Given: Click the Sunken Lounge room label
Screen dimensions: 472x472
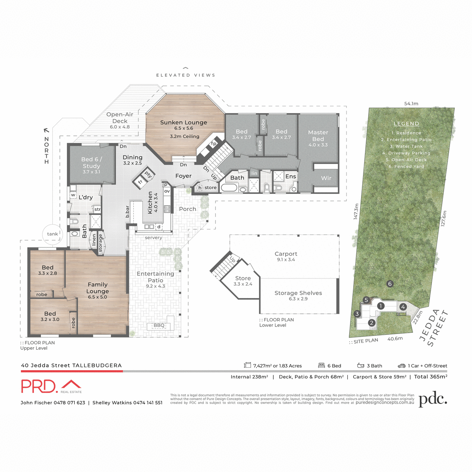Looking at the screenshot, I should pos(183,122).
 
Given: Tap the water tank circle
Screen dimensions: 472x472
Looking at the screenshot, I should pos(52,234).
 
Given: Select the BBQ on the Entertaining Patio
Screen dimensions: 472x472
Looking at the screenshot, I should pos(159,326).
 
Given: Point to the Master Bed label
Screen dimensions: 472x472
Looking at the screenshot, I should pos(318,136).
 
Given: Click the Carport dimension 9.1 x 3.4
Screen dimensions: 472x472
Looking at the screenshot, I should pos(286,260).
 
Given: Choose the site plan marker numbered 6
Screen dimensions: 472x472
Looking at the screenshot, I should pos(390,284).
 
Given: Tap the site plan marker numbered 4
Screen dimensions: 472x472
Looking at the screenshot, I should pos(403,307).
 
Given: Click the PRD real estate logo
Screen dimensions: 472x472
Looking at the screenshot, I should pos(51,386).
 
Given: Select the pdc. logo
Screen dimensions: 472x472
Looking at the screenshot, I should pos(433,400).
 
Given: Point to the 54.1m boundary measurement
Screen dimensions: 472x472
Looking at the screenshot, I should pos(411,104).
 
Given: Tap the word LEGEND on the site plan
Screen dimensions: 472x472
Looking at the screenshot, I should pos(406,124).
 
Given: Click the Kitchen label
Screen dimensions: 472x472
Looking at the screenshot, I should pos(150,203).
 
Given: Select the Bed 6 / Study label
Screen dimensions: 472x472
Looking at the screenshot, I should pos(91,162).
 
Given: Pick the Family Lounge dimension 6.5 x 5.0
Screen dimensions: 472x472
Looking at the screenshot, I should pos(98,297).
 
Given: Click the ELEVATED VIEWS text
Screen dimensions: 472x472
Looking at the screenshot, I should pos(186,75).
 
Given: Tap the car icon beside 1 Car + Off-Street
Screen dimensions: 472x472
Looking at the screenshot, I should pos(401,366).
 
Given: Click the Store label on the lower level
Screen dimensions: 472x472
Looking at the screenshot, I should pos(243,278).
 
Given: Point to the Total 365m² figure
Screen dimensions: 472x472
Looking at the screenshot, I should pos(430,377).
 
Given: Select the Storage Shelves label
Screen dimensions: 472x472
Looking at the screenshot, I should pos(298,293).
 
